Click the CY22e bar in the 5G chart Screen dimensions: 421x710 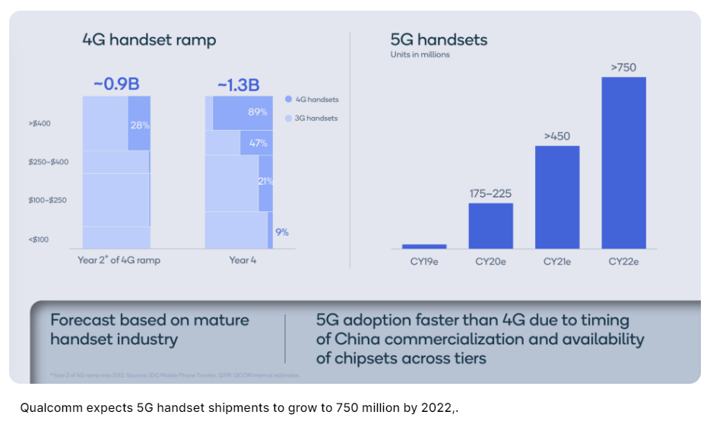(623, 163)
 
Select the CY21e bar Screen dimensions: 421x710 (557, 197)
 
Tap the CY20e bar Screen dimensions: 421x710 (490, 226)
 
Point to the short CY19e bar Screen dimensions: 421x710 (424, 246)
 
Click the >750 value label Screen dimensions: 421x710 (623, 68)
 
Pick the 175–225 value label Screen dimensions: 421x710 (490, 193)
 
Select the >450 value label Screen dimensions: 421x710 (557, 136)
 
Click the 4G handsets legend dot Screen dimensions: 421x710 (288, 100)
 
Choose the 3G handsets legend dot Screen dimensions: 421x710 (288, 119)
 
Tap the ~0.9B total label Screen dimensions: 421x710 (116, 84)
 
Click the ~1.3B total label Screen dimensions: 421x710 (238, 84)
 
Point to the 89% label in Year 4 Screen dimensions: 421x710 (258, 112)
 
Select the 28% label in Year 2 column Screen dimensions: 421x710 (140, 125)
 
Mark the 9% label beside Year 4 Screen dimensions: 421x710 (282, 232)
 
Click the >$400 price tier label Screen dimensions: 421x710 (40, 123)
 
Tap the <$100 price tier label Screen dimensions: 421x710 (39, 239)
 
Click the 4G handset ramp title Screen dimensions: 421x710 (149, 40)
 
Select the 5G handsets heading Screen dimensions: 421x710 (439, 40)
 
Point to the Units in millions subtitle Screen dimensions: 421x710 (420, 55)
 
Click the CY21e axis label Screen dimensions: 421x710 (557, 261)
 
